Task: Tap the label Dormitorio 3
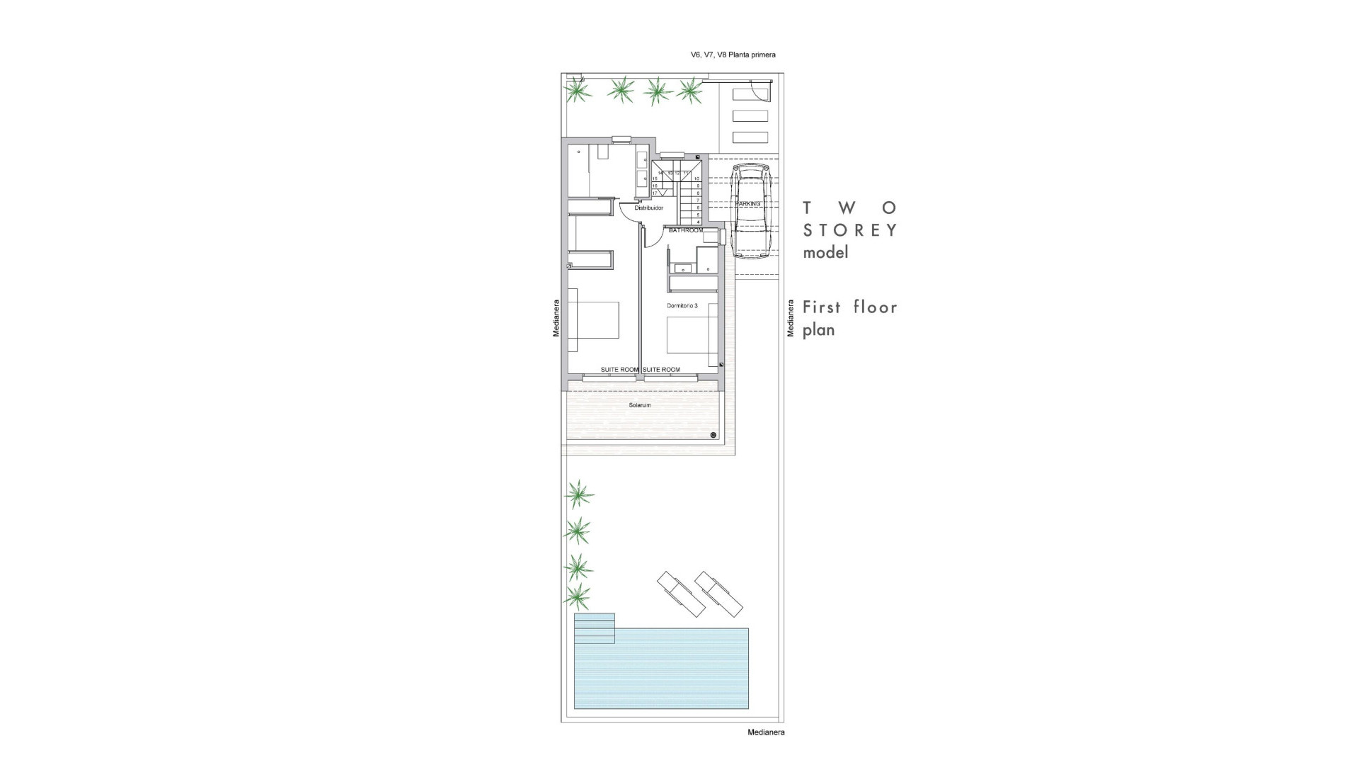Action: (682, 306)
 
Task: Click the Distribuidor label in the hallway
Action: (648, 208)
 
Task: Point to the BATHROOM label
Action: (686, 230)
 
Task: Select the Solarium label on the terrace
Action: (640, 405)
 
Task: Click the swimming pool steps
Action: (595, 628)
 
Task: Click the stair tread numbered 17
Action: (655, 193)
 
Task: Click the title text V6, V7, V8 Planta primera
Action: (733, 55)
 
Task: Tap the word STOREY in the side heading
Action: (850, 230)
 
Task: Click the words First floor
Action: (849, 307)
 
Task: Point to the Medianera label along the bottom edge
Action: (766, 732)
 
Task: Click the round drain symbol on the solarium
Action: (713, 435)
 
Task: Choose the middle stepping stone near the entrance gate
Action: (750, 116)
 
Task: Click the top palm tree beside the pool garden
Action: (579, 494)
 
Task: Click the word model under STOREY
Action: (825, 253)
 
